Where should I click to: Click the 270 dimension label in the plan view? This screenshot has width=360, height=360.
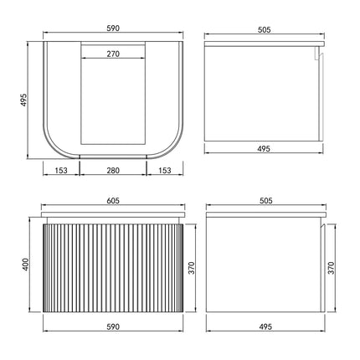113,54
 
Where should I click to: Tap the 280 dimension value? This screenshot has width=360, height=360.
113,170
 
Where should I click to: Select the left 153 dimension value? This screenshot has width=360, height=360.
61,170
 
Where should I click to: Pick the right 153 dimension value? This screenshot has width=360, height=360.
165,170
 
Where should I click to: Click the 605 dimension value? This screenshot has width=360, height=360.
113,201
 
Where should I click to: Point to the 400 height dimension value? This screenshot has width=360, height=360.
25,265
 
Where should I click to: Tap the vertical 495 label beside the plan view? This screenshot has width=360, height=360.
24,100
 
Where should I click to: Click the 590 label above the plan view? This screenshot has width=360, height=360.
113,28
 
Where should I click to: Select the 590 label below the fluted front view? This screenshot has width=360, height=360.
113,327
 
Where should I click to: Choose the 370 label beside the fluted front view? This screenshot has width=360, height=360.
191,268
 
